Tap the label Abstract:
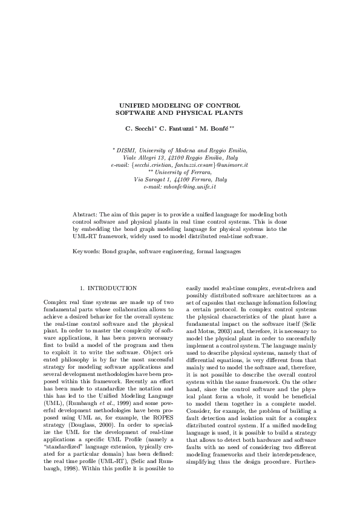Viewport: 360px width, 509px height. tap(85, 215)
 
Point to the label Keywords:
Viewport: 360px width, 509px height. tap(87, 250)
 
